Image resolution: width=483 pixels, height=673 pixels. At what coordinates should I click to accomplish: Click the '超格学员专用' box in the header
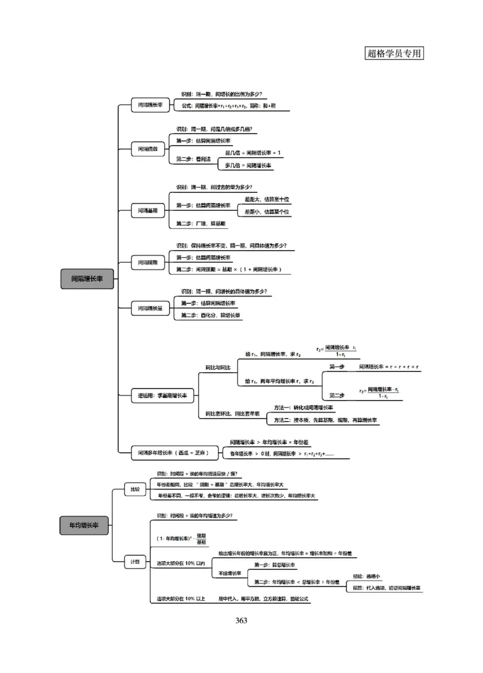[395, 53]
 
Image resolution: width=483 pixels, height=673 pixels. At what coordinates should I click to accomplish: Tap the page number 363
[241, 620]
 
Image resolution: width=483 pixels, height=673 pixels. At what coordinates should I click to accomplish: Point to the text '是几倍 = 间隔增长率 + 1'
[253, 153]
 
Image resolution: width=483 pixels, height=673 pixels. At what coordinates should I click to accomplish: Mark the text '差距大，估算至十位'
[267, 199]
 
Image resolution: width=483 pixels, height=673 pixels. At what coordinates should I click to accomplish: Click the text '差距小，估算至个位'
[267, 212]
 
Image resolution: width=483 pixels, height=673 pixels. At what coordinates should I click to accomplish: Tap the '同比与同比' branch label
[217, 367]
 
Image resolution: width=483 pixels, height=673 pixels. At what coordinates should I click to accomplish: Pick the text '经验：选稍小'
[366, 576]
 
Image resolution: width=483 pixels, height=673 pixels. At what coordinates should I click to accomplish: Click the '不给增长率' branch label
[229, 573]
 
